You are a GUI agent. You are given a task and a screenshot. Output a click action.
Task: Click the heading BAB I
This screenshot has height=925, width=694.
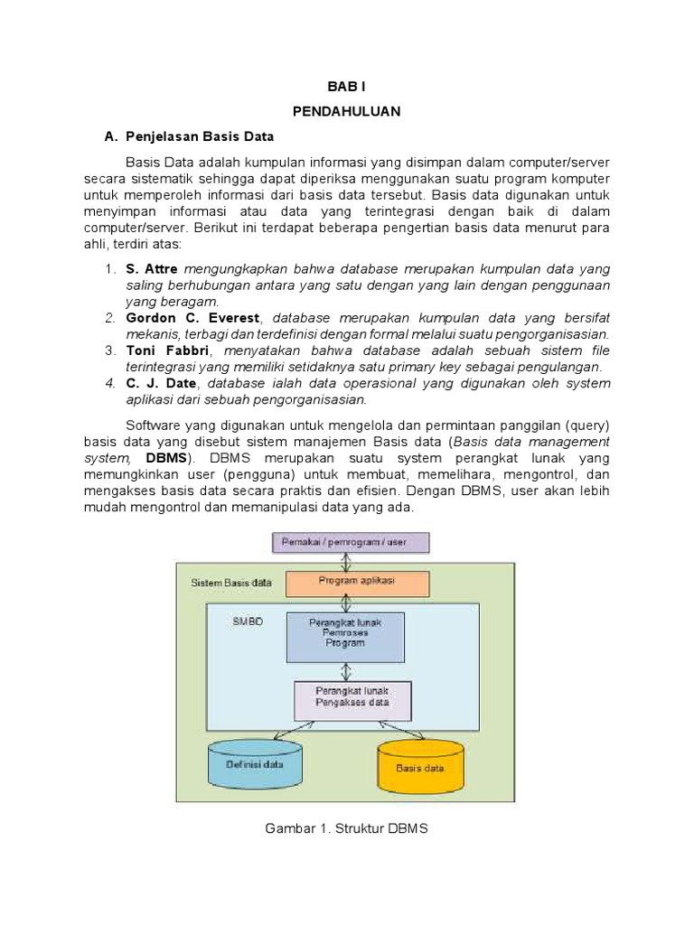click(x=346, y=87)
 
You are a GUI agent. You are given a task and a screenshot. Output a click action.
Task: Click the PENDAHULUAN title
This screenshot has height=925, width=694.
click(x=346, y=111)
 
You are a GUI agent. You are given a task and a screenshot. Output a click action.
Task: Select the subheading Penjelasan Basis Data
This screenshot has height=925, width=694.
click(x=198, y=136)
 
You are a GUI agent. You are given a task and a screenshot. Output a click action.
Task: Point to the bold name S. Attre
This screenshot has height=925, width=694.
click(x=154, y=269)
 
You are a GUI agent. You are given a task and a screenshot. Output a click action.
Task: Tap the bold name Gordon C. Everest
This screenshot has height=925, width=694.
click(x=192, y=318)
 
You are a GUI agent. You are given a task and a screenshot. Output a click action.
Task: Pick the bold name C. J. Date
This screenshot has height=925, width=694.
click(x=161, y=383)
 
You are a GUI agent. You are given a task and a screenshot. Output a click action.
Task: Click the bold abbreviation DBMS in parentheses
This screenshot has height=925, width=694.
click(x=164, y=458)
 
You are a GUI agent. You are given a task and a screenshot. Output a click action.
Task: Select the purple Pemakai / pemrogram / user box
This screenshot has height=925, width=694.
click(x=352, y=543)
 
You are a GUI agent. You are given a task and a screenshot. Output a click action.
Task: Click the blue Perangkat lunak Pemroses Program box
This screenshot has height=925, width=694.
click(x=346, y=638)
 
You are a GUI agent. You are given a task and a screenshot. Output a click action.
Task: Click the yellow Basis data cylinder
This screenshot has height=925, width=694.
click(x=420, y=767)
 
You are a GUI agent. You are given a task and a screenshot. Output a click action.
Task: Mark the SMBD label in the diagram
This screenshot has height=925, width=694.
click(x=247, y=622)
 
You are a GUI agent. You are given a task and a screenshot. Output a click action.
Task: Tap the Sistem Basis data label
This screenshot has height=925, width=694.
click(x=230, y=584)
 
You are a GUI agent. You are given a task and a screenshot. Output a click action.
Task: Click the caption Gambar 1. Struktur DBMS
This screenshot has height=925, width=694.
click(x=346, y=827)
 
